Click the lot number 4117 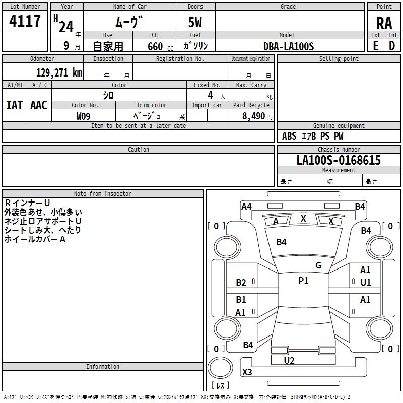pyautogui.click(x=25, y=21)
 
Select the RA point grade pyautogui.click(x=384, y=23)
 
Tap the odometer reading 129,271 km pyautogui.click(x=59, y=73)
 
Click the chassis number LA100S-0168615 pyautogui.click(x=339, y=160)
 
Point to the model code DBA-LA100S pyautogui.click(x=289, y=46)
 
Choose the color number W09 pyautogui.click(x=83, y=116)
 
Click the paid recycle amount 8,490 pyautogui.click(x=253, y=116)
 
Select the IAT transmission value pyautogui.click(x=15, y=105)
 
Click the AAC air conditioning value pyautogui.click(x=39, y=105)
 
